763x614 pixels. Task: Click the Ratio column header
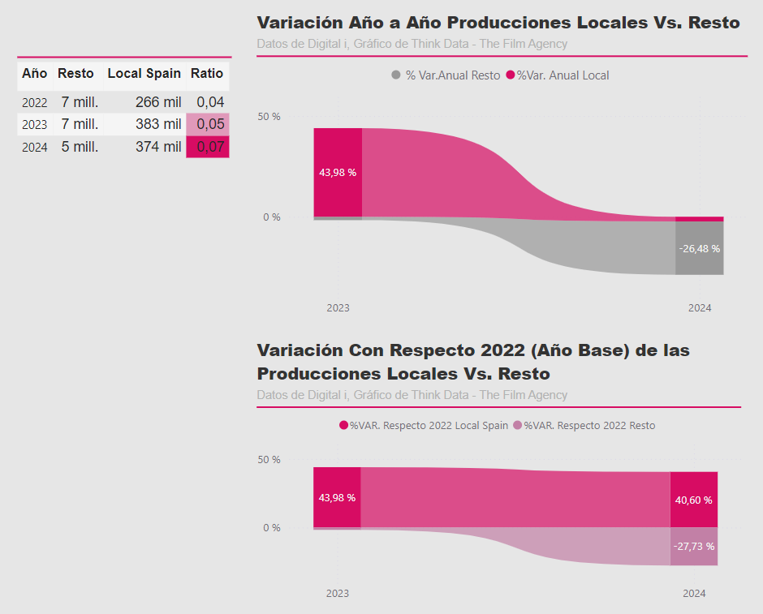pos(207,74)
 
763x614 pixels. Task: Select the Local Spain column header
pos(144,74)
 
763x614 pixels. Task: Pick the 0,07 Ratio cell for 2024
pos(208,147)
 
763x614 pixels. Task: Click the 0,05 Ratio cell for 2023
pos(208,124)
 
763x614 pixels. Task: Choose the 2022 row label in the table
pos(35,102)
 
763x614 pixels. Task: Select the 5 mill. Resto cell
pos(80,147)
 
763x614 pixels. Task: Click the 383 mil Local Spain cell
pos(158,124)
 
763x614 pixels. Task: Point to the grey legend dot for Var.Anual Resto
pos(396,75)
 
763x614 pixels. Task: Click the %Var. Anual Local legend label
pos(563,75)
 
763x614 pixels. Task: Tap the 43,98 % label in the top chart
pos(338,173)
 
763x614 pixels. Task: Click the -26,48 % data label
pos(699,248)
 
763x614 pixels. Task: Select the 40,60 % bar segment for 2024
pos(694,500)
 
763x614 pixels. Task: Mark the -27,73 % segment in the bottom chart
pos(694,547)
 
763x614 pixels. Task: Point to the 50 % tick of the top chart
pos(269,117)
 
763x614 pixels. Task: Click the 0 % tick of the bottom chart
pos(272,528)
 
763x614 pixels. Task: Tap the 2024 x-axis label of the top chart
pos(699,307)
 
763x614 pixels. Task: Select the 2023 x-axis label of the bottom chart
pos(337,593)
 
